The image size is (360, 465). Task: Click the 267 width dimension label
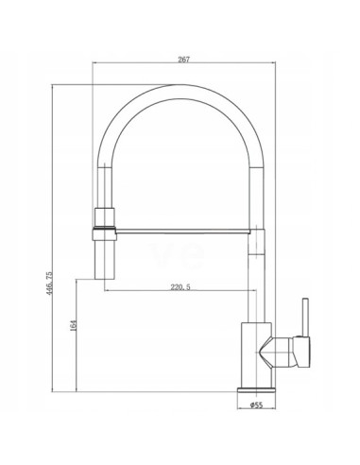[x=183, y=60]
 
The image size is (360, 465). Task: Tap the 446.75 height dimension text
[x=50, y=283]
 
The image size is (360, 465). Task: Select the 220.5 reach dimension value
[x=180, y=287]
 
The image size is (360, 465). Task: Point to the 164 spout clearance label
[x=74, y=325]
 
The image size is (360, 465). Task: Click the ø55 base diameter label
[x=256, y=405]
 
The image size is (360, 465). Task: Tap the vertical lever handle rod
[x=305, y=318]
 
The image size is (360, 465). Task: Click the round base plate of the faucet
[x=256, y=389]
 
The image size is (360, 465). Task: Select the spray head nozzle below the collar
[x=105, y=260]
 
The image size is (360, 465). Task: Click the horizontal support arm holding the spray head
[x=182, y=232]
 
